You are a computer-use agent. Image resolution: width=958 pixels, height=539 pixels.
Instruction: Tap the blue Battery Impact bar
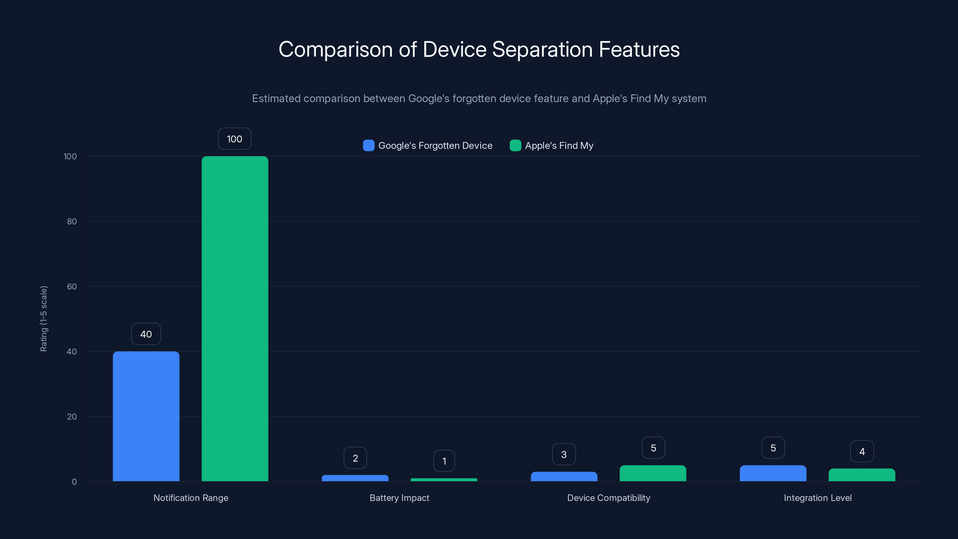click(x=355, y=478)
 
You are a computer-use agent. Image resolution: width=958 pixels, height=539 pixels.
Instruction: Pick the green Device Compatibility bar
click(x=653, y=473)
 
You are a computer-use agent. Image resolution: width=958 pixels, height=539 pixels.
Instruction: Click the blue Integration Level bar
click(x=773, y=473)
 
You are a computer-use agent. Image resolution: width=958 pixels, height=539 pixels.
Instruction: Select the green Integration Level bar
click(x=862, y=475)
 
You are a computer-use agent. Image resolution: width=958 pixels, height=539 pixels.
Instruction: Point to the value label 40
click(x=146, y=334)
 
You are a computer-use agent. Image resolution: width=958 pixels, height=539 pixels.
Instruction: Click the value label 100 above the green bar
click(x=234, y=139)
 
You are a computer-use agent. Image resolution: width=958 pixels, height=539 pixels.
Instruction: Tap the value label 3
click(x=564, y=454)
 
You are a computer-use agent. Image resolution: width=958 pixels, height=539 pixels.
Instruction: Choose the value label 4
click(x=862, y=451)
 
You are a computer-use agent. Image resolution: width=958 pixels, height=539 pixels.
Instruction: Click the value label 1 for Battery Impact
click(x=444, y=461)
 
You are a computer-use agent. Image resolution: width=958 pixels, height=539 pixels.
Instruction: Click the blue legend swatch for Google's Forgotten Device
click(x=369, y=146)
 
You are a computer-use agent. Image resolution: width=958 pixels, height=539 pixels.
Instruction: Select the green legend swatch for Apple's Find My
click(x=515, y=146)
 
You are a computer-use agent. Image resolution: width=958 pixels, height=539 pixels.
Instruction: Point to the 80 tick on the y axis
click(x=72, y=221)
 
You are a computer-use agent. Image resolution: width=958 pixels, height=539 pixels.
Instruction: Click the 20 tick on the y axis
click(x=72, y=417)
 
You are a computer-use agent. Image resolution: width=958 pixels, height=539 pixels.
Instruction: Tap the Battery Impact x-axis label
click(x=399, y=498)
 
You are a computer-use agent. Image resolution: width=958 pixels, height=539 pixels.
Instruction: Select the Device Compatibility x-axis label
click(x=608, y=498)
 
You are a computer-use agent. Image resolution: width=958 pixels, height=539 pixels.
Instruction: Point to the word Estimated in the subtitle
click(x=276, y=99)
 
